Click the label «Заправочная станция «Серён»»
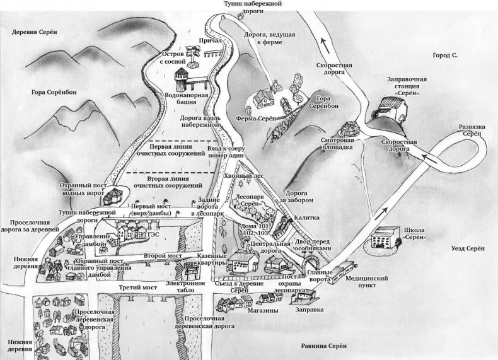406,86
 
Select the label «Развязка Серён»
470,131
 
